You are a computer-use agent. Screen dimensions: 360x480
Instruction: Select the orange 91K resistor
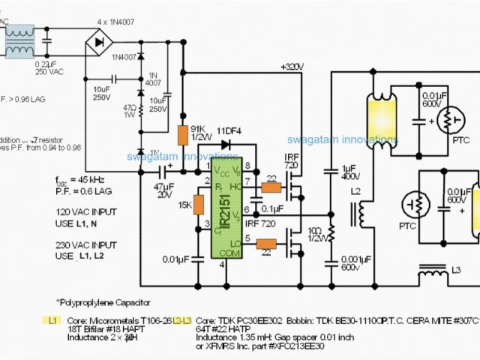point(181,135)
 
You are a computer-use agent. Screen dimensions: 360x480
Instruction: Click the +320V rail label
point(292,67)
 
